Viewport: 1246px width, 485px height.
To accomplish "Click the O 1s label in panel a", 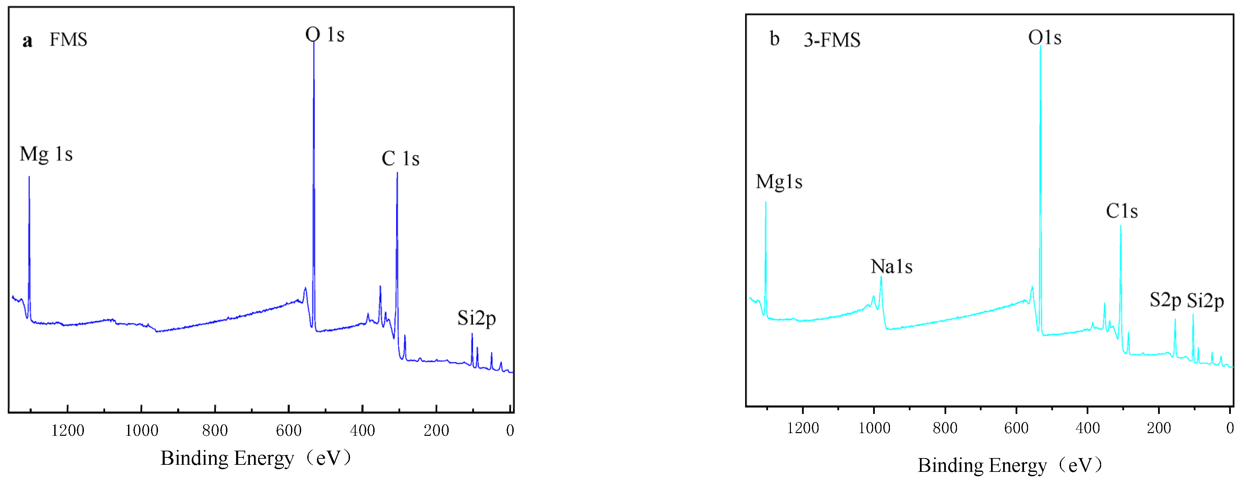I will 325,35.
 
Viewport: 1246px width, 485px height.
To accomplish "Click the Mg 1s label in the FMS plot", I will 46,154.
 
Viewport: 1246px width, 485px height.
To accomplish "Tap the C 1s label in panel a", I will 400,159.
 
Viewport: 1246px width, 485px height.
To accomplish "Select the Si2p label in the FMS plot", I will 476,318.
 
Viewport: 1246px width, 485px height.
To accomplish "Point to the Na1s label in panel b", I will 891,266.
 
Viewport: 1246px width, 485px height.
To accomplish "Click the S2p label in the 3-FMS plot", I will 1165,300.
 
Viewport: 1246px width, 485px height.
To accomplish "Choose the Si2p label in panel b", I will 1205,301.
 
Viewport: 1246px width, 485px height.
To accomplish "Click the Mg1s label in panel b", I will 779,182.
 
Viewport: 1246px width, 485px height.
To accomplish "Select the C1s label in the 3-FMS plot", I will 1121,211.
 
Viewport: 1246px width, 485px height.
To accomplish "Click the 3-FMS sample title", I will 832,40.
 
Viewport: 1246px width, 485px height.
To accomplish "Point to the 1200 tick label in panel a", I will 68,430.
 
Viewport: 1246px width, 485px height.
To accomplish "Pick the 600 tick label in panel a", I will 289,430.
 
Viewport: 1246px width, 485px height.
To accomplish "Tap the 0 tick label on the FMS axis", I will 510,430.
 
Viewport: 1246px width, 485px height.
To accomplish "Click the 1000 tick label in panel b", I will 874,428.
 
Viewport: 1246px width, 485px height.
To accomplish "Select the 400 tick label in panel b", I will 1087,428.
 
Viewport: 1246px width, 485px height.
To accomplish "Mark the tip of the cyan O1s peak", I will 1041,46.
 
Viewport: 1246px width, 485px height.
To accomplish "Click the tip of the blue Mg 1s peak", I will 29,177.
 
